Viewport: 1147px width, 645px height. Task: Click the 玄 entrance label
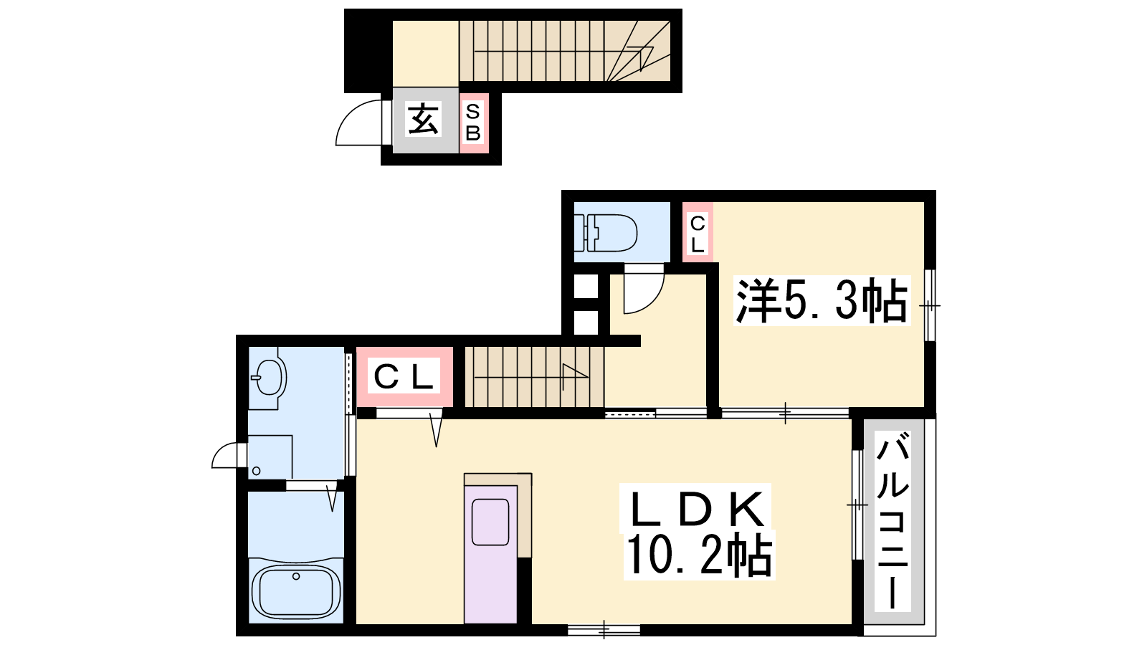(424, 119)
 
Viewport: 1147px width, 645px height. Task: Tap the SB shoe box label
(473, 123)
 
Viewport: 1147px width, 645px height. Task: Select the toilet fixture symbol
(605, 233)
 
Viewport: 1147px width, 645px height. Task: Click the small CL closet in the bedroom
(698, 232)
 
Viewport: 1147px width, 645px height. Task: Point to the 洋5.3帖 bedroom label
(822, 301)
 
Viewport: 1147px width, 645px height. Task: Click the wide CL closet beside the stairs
(404, 377)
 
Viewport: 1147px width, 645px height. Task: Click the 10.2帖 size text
(699, 555)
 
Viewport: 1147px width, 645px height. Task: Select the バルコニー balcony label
(893, 520)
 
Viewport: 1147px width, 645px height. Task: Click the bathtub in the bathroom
(296, 591)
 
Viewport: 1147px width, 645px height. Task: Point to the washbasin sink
(268, 376)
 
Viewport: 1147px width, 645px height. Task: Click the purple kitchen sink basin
(490, 522)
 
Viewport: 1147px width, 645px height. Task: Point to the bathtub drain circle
(296, 576)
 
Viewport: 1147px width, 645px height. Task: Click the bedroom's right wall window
(930, 305)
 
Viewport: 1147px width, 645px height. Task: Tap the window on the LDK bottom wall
(604, 630)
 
